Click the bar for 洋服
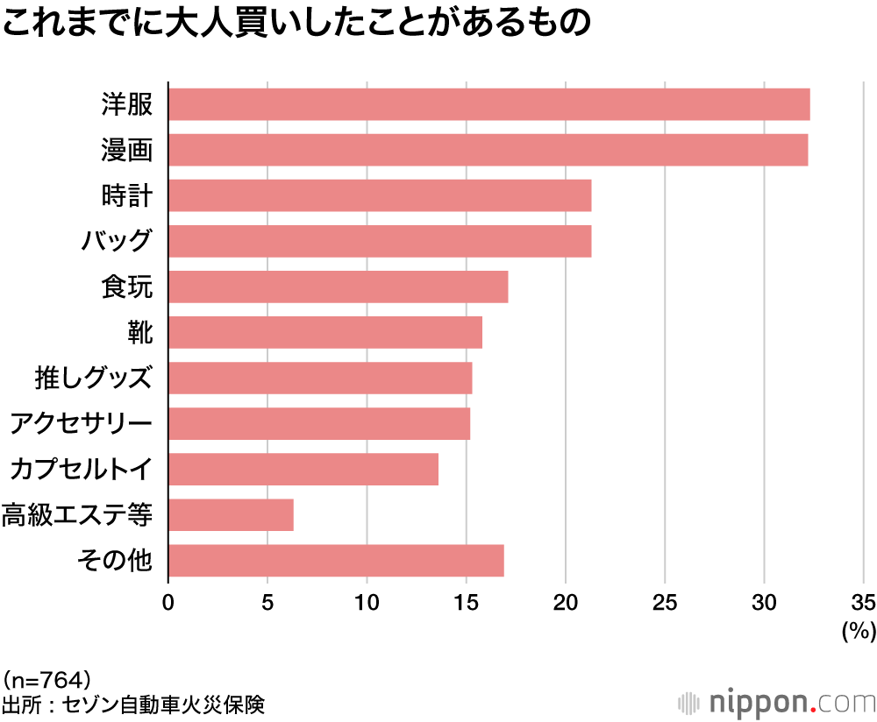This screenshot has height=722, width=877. [x=488, y=104]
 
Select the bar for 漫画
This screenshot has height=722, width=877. [x=488, y=150]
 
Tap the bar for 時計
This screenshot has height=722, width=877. [x=379, y=195]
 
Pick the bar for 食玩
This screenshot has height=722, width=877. [x=338, y=287]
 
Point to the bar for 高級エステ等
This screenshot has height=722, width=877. [x=231, y=514]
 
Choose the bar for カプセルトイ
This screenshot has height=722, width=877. [x=303, y=469]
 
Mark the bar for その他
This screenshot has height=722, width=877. [x=336, y=560]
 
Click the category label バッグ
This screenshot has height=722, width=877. [x=117, y=241]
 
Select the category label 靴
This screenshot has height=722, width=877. [x=140, y=332]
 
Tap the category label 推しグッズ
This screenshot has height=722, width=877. [x=94, y=378]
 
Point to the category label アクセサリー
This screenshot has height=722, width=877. [x=81, y=423]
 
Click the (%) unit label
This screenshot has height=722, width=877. [x=859, y=631]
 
